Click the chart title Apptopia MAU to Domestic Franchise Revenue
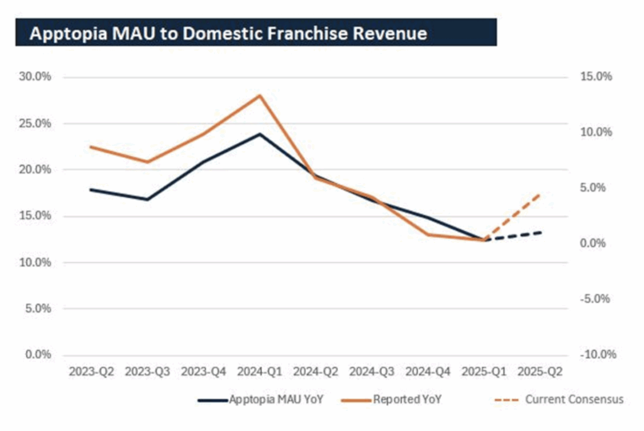tap(228, 33)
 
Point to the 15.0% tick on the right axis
tap(595, 77)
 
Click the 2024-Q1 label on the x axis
tap(258, 372)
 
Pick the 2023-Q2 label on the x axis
tap(92, 372)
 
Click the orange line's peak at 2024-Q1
tap(258, 95)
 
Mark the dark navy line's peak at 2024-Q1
tap(258, 134)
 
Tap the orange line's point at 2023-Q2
tap(92, 147)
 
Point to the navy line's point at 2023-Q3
tap(148, 199)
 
